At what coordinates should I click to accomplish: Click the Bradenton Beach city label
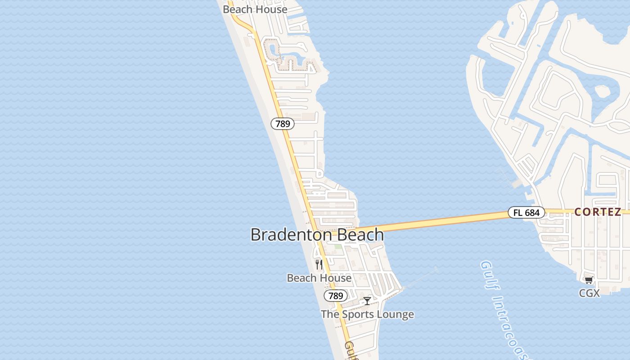pos(317,234)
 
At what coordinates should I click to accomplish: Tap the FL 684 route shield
pos(526,212)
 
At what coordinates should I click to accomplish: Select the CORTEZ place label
pos(598,212)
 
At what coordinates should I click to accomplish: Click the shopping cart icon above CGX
pos(589,280)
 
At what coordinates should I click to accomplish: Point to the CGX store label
pos(589,293)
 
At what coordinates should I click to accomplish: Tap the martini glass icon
pos(367,301)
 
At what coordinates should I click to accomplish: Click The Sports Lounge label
pos(367,314)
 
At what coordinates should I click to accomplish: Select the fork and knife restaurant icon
pos(319,265)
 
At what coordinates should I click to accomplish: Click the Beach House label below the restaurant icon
pos(319,278)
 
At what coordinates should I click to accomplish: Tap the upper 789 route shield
pos(283,124)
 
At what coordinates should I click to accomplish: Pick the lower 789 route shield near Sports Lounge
pos(336,296)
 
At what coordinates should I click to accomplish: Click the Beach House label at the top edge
pos(255,9)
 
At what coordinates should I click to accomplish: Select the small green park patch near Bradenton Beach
pos(337,247)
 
